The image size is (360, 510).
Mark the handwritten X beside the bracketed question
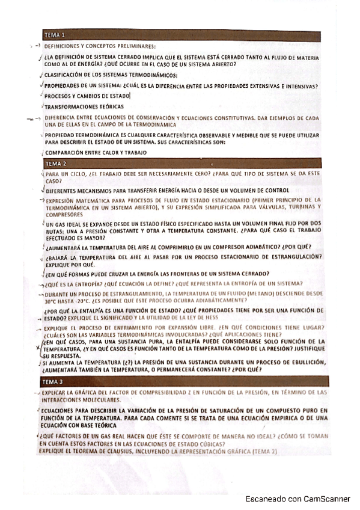coord(38,348)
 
